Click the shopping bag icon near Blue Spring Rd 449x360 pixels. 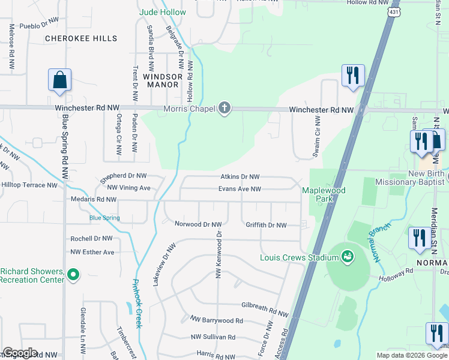pyautogui.click(x=59, y=80)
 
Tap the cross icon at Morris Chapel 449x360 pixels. pyautogui.click(x=224, y=109)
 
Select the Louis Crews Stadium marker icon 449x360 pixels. pyautogui.click(x=346, y=257)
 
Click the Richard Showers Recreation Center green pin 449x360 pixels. pyautogui.click(x=73, y=275)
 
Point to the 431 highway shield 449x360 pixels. pyautogui.click(x=393, y=12)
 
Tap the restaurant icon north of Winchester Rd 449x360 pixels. pyautogui.click(x=352, y=76)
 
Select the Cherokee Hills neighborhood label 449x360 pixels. pyautogui.click(x=81, y=38)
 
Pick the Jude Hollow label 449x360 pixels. pyautogui.click(x=163, y=12)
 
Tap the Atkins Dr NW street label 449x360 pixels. pyautogui.click(x=240, y=177)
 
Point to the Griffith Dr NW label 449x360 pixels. pyautogui.click(x=266, y=225)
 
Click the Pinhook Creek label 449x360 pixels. pyautogui.click(x=137, y=304)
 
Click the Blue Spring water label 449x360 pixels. pyautogui.click(x=104, y=218)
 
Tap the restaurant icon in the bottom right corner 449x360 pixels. pyautogui.click(x=435, y=333)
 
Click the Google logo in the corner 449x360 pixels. pyautogui.click(x=20, y=353)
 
